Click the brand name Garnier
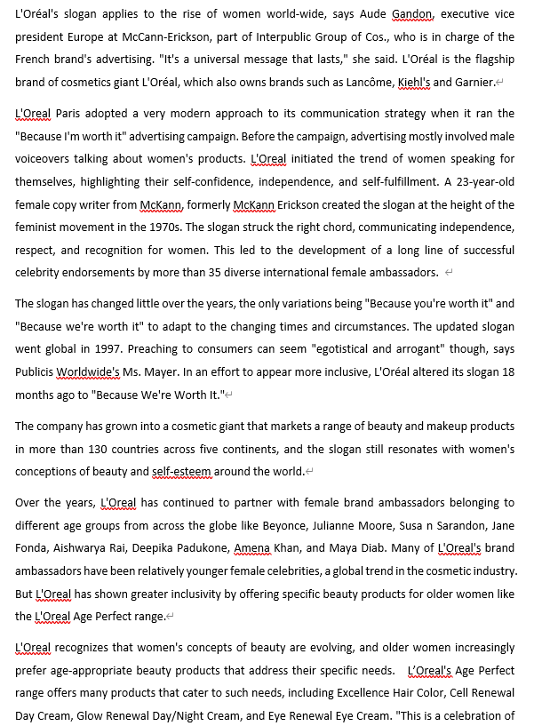[x=474, y=82]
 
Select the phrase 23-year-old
[x=477, y=181]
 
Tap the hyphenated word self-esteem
[x=190, y=471]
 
